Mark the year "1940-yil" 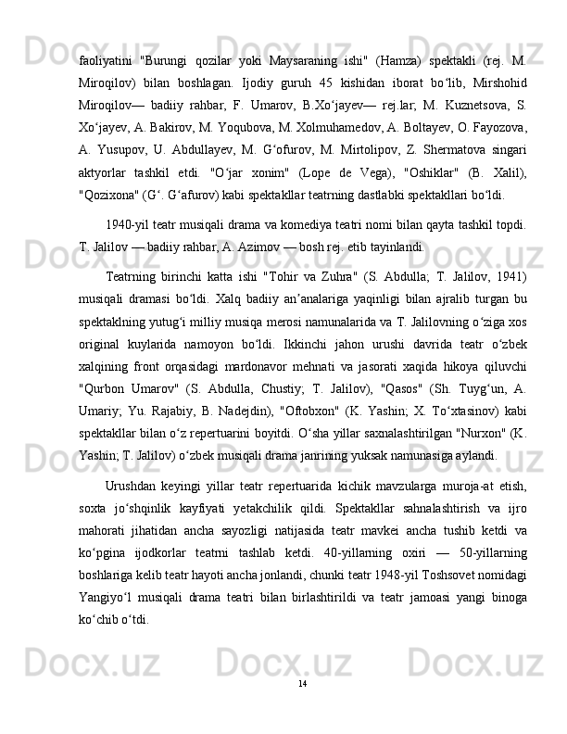tap(131, 202)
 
